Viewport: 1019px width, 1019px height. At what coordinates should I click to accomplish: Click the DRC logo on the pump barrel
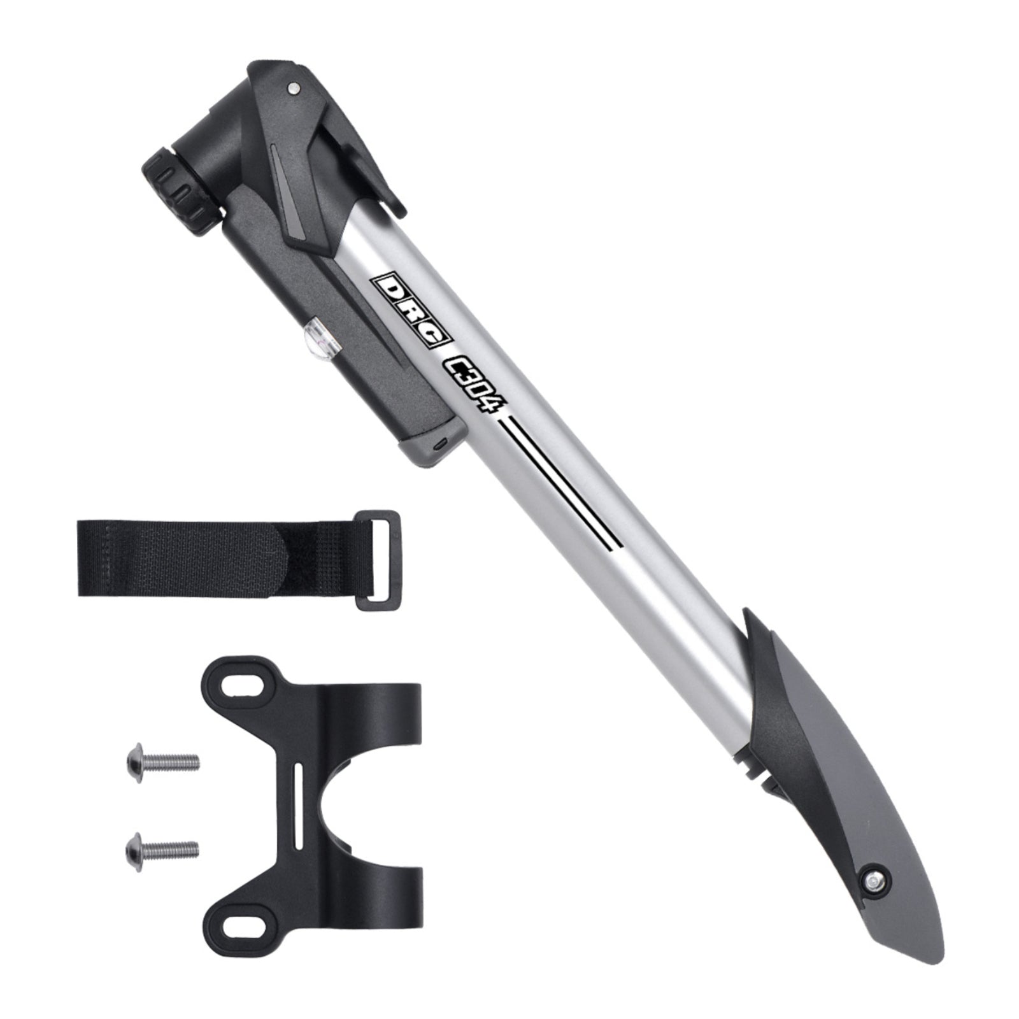point(408,310)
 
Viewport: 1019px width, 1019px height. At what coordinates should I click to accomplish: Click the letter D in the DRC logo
point(387,289)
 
